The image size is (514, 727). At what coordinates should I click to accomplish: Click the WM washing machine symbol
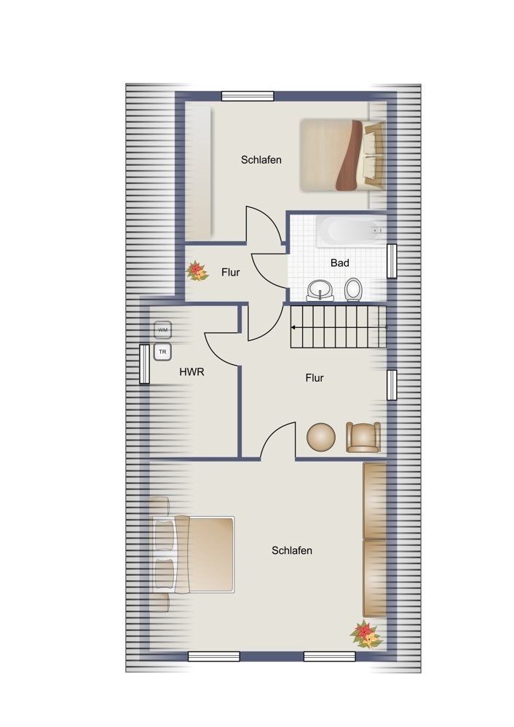162,329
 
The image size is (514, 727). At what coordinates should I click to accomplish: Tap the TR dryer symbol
162,352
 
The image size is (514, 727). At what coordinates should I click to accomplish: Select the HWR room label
191,371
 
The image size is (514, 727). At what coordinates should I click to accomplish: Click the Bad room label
340,263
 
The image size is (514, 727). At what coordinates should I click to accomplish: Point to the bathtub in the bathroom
352,231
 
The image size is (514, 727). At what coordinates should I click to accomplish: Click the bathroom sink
320,291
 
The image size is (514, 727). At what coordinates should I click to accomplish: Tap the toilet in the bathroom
353,290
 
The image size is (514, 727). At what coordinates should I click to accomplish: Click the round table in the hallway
321,437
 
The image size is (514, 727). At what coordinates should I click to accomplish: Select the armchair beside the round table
363,437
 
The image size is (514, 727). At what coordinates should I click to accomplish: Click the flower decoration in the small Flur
197,271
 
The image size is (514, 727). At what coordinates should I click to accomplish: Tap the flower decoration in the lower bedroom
366,634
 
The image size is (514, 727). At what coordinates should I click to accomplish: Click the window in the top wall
248,96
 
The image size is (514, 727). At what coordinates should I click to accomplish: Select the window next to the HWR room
144,364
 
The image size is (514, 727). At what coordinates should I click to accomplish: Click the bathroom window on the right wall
392,261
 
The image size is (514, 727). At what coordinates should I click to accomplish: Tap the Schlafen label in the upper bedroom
261,160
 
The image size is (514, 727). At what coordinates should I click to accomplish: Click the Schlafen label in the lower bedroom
292,551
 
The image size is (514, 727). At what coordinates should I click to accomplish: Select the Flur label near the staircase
315,378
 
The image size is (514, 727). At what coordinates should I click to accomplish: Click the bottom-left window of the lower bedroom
214,656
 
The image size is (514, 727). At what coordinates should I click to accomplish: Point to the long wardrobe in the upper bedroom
198,172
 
